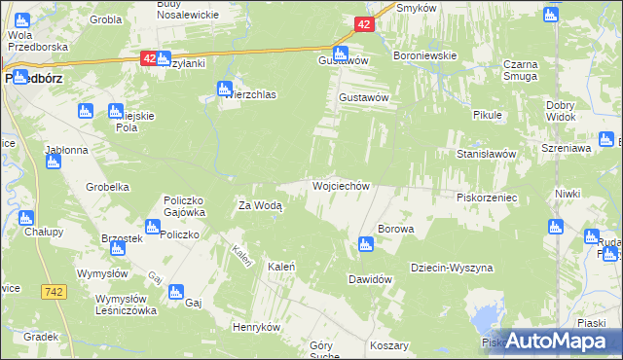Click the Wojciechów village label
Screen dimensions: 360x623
[340, 185]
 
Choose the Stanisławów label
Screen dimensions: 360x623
[492, 154]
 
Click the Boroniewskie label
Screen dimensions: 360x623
[424, 55]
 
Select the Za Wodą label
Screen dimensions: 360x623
[260, 205]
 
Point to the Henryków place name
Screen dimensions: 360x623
[257, 327]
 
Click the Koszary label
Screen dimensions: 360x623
[389, 345]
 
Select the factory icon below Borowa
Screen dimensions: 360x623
[366, 244]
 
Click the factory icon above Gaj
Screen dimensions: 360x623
[176, 290]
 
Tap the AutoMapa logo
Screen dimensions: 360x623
[551, 341]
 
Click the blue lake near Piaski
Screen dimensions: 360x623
[485, 318]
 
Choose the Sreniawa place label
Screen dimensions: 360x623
[569, 149]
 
